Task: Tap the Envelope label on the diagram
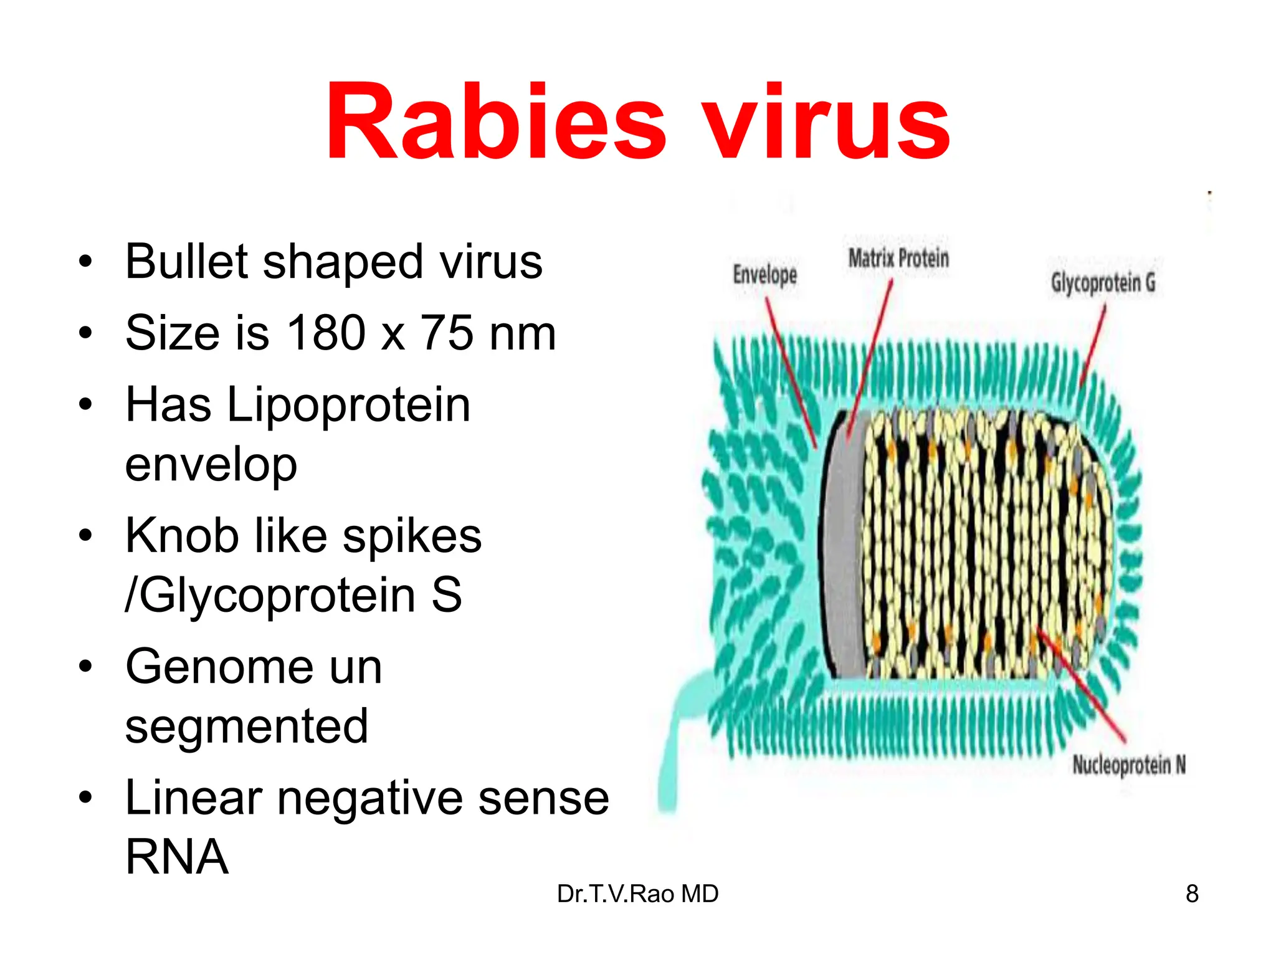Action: (764, 274)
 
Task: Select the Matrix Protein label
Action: (898, 257)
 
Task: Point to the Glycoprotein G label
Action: (1103, 282)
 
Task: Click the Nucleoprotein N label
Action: (1128, 764)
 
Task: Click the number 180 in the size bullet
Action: (325, 333)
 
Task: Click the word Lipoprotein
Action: (348, 405)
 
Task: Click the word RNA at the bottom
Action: (177, 857)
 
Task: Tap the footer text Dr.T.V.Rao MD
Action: (637, 894)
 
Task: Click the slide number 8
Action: (1192, 894)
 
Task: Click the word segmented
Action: (247, 726)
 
